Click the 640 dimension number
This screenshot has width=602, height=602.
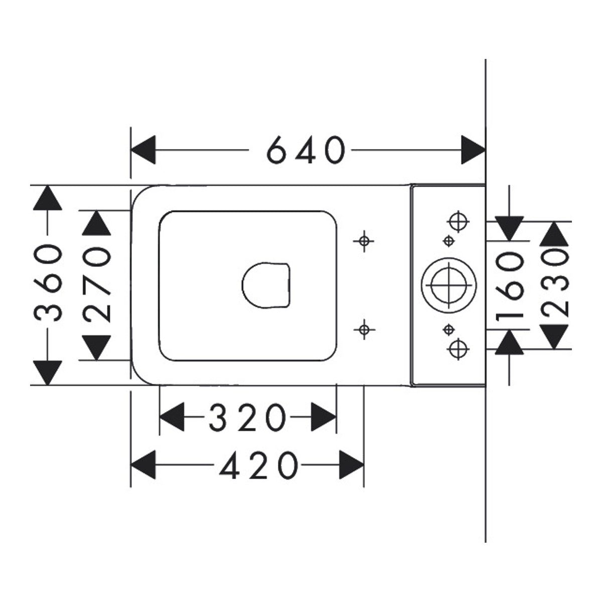tap(306, 150)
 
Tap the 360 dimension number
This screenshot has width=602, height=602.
tap(48, 283)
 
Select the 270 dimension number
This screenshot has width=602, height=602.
tap(96, 284)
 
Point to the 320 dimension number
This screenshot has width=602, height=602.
tap(247, 417)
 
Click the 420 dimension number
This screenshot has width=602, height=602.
tap(259, 465)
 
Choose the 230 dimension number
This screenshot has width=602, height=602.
tap(554, 285)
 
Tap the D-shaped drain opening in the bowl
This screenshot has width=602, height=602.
tap(266, 285)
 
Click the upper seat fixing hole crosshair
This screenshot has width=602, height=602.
tap(364, 241)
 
